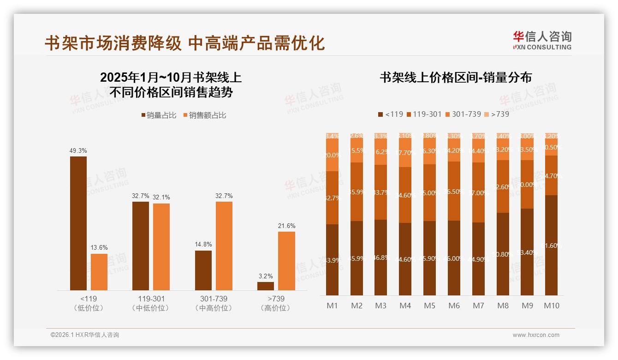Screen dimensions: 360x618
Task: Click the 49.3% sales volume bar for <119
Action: coord(78,223)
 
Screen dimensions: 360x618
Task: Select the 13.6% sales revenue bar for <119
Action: coord(99,272)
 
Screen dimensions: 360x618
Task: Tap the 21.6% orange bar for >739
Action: coord(286,261)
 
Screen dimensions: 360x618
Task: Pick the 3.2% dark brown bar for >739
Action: coord(266,286)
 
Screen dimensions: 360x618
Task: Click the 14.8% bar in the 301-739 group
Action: coord(203,270)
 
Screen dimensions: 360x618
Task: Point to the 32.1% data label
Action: coord(161,197)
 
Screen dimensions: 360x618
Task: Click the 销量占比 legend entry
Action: coord(158,115)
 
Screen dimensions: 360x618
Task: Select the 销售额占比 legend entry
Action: coord(205,115)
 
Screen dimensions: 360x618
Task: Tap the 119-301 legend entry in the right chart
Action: coord(423,114)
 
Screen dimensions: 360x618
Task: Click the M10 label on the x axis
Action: coord(552,306)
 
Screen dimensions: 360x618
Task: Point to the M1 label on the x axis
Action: coord(332,306)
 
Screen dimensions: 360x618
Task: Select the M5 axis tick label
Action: coord(429,306)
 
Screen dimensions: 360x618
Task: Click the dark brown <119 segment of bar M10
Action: coord(551,245)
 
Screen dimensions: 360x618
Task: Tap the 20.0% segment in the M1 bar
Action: coord(332,156)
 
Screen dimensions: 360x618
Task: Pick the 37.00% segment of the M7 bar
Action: coord(478,192)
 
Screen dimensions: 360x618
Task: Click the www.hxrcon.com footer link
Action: coord(535,335)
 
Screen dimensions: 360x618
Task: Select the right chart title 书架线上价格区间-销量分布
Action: coord(455,78)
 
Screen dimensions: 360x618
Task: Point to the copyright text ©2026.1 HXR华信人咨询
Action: coord(85,335)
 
